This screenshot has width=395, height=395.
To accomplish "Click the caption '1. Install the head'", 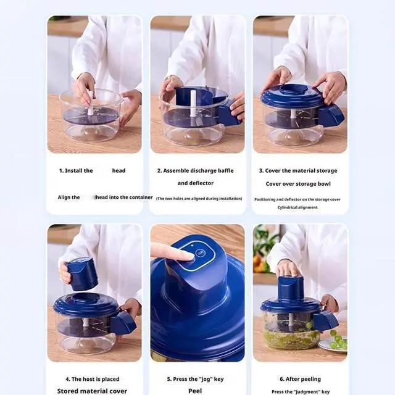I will coord(93,171).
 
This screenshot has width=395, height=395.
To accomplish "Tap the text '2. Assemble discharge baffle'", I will coord(195,171).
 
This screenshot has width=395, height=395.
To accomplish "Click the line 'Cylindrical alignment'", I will coord(298,207).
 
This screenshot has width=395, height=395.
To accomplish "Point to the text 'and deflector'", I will coord(195,183).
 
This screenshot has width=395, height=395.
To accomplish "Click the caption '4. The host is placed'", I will coord(93,379).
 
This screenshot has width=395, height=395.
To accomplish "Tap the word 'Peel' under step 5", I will coord(195,391).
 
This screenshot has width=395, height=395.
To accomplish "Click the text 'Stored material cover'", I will coord(93,391).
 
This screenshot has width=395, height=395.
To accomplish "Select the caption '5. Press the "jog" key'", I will coord(195,379).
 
